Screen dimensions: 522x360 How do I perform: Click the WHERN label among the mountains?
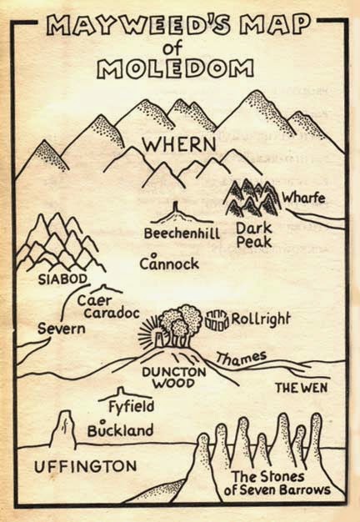coord(179,144)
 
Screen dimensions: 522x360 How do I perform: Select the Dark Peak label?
coord(254,233)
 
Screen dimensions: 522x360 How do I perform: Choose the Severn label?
coord(61,329)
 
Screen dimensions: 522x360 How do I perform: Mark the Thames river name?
coord(241,359)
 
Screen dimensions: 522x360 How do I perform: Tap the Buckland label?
coord(120,431)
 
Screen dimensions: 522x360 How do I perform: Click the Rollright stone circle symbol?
coord(216,318)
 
